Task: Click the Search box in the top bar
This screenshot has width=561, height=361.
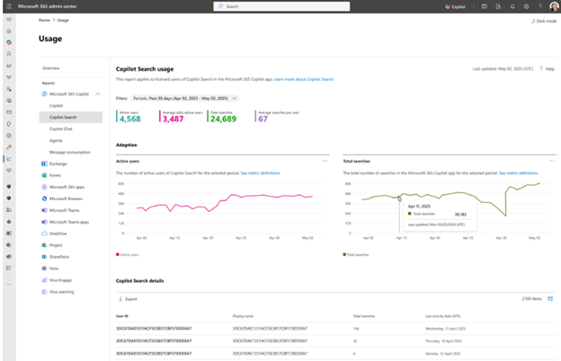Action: pyautogui.click(x=280, y=6)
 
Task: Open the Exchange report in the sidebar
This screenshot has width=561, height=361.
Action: pyautogui.click(x=58, y=163)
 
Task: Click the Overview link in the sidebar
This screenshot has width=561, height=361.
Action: pyautogui.click(x=51, y=68)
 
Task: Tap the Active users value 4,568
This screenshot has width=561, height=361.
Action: pyautogui.click(x=129, y=119)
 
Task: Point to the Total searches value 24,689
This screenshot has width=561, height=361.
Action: pyautogui.click(x=223, y=119)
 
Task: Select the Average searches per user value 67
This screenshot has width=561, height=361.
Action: pyautogui.click(x=263, y=119)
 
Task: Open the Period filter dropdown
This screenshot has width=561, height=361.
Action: pyautogui.click(x=185, y=98)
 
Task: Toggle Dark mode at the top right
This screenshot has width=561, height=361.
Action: pyautogui.click(x=543, y=20)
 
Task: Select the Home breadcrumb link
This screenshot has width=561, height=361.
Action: pyautogui.click(x=44, y=20)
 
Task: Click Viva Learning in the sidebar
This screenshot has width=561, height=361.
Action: pyautogui.click(x=62, y=291)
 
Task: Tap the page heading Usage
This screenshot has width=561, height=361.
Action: pyautogui.click(x=50, y=39)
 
